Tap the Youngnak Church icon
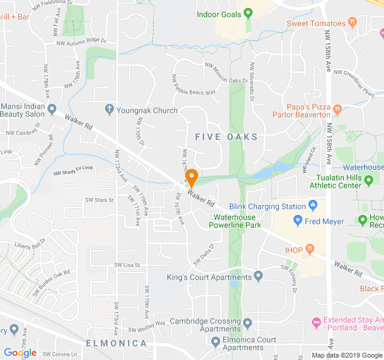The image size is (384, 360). click(x=109, y=110)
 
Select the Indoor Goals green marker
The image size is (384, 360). click(x=248, y=13)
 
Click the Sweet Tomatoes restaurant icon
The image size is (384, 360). click(x=353, y=23)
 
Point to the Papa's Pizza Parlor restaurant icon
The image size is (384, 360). click(x=338, y=109)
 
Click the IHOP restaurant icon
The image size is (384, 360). click(x=310, y=248)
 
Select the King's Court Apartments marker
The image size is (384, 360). click(x=259, y=277)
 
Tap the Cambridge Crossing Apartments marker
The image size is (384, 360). click(x=248, y=324)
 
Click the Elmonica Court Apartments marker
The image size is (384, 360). click(x=216, y=343)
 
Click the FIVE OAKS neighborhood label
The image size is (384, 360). click(x=226, y=137)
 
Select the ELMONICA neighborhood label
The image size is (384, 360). click(x=116, y=343)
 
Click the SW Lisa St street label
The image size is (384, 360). click(x=127, y=264)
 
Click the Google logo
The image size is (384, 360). click(x=20, y=353)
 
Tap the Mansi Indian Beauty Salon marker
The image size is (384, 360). click(x=52, y=109)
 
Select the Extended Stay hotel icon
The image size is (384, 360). click(x=317, y=323)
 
